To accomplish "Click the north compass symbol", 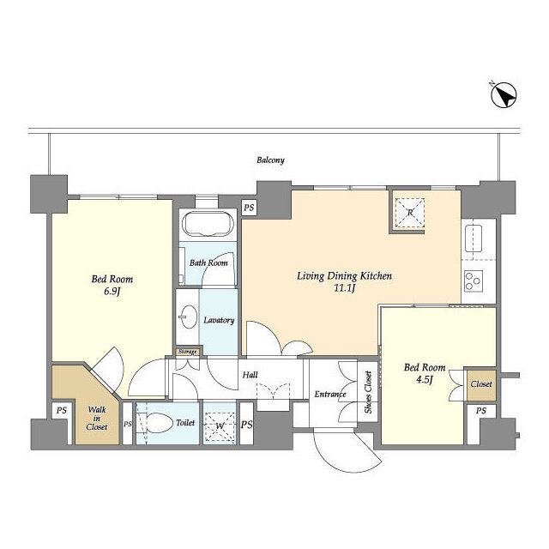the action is (x=504, y=95).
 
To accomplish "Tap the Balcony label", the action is (x=270, y=160).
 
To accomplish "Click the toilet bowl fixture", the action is (x=160, y=423).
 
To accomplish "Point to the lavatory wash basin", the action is (x=189, y=317).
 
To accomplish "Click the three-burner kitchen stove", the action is (x=474, y=281).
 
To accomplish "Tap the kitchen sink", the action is (x=474, y=238).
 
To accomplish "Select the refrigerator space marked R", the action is (x=410, y=212).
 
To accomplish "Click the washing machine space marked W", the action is (x=220, y=426).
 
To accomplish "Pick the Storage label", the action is (x=187, y=352).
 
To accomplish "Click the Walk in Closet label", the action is (x=97, y=418).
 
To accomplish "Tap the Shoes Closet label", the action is (x=368, y=392).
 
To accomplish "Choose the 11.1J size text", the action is (x=345, y=288).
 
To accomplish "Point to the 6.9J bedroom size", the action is (x=112, y=292).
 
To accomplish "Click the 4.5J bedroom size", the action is (x=425, y=379).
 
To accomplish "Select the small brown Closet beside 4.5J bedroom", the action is (x=481, y=385).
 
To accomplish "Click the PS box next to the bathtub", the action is (x=249, y=208).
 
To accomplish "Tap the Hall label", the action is (x=250, y=375).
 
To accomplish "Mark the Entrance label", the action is (x=329, y=395).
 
